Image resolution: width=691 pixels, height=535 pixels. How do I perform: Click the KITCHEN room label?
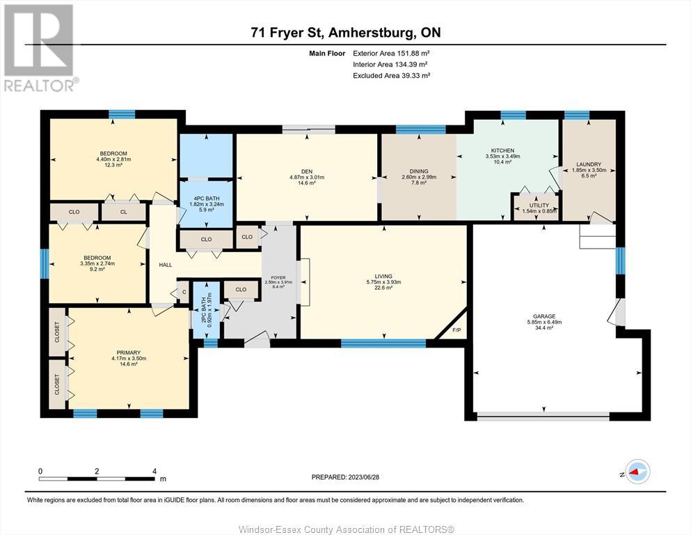(x=502, y=150)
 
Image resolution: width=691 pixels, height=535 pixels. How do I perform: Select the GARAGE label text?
(x=544, y=316)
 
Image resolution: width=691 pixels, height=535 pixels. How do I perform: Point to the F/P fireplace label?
(x=456, y=330)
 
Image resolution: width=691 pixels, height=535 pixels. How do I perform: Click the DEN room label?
(x=307, y=171)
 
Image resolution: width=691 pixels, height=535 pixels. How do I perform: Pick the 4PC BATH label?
(x=206, y=199)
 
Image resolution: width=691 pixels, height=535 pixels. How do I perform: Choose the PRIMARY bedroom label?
(x=129, y=353)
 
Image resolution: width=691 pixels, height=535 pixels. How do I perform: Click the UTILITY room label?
(x=539, y=206)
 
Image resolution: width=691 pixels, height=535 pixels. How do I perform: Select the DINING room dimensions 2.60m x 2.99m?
(x=419, y=177)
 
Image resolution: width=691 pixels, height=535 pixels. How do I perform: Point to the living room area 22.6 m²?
(x=383, y=288)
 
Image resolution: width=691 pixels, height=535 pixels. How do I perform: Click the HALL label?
(x=165, y=265)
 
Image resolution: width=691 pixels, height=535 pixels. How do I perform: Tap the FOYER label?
(x=278, y=277)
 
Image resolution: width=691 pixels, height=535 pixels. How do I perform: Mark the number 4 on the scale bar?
(x=154, y=471)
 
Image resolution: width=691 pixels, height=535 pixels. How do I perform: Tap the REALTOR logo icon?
(x=39, y=40)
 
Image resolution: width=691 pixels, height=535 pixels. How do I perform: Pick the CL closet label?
(x=124, y=212)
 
